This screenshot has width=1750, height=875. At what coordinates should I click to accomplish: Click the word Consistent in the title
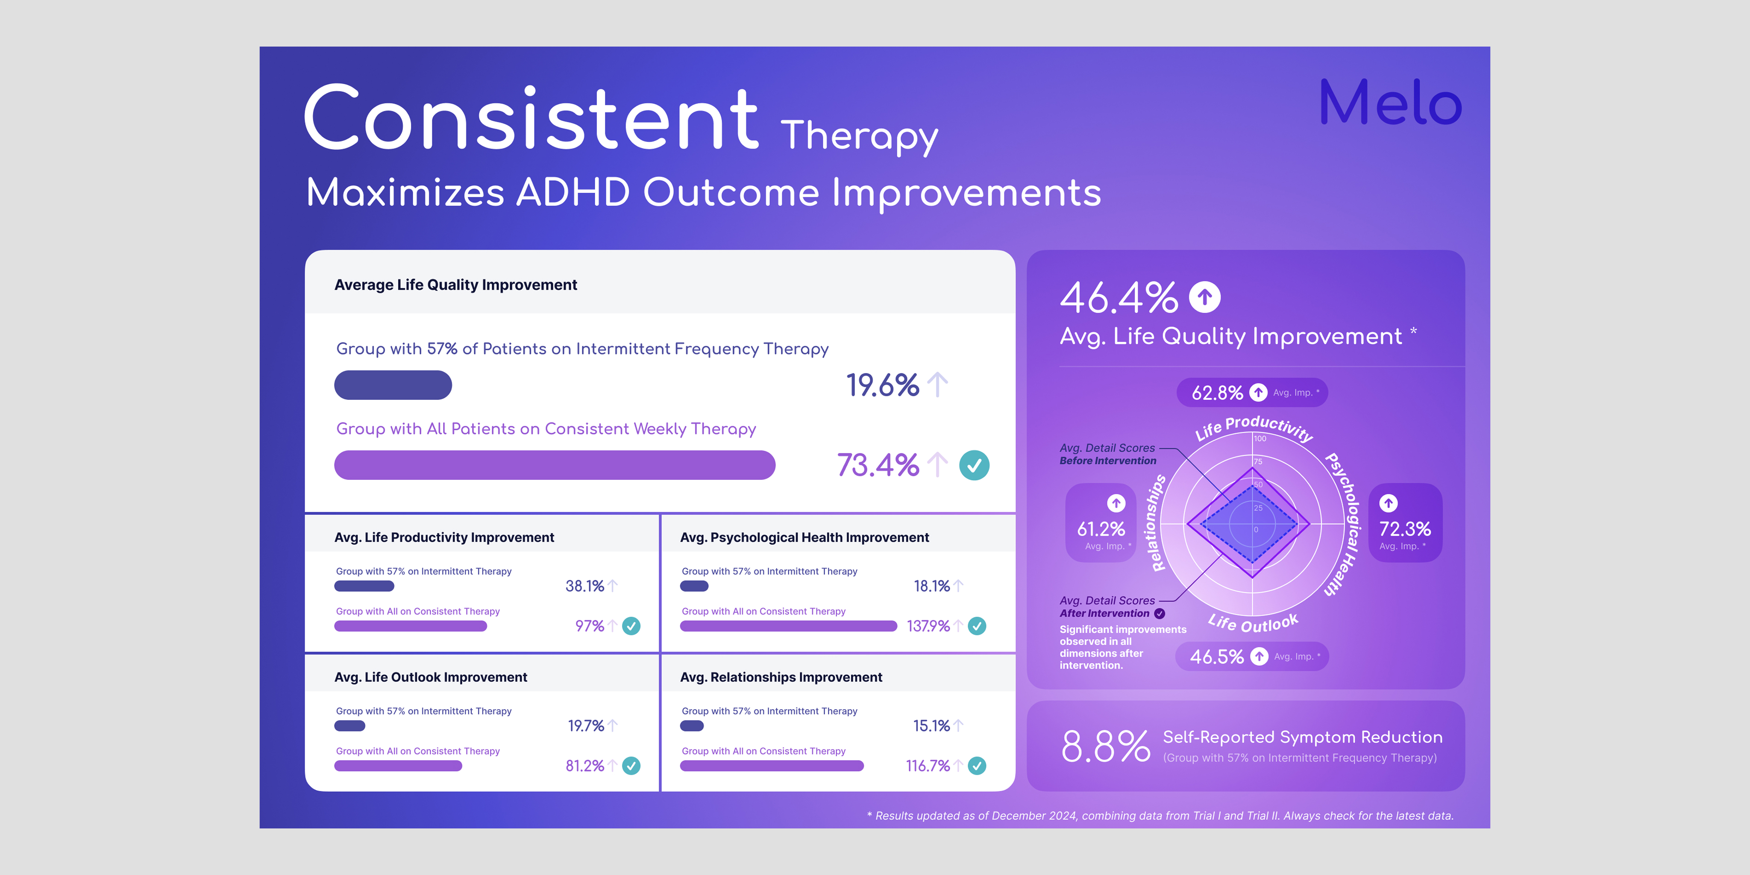pyautogui.click(x=531, y=118)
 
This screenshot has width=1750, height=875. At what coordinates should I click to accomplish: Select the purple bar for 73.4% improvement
pyautogui.click(x=554, y=465)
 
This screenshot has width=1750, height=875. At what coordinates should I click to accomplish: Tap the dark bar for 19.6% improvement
pyautogui.click(x=393, y=385)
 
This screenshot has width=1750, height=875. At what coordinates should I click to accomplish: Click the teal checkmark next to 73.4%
pyautogui.click(x=974, y=465)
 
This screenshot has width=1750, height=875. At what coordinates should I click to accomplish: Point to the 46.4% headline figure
pyautogui.click(x=1119, y=297)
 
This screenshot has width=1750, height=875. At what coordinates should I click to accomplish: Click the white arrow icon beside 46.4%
pyautogui.click(x=1204, y=297)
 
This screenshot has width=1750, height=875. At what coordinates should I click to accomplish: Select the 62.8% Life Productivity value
pyautogui.click(x=1217, y=393)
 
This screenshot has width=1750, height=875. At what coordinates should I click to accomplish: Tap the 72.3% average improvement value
pyautogui.click(x=1405, y=529)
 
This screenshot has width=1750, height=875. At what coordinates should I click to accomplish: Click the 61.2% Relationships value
pyautogui.click(x=1101, y=529)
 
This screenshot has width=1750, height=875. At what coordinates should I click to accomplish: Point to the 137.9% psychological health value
pyautogui.click(x=928, y=625)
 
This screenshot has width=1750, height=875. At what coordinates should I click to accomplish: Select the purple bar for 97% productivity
pyautogui.click(x=410, y=625)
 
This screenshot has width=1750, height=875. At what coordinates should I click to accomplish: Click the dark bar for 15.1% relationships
pyautogui.click(x=692, y=725)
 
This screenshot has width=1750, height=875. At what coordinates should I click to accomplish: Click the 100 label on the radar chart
pyautogui.click(x=1260, y=439)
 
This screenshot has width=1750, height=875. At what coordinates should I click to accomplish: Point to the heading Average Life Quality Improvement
pyautogui.click(x=456, y=285)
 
